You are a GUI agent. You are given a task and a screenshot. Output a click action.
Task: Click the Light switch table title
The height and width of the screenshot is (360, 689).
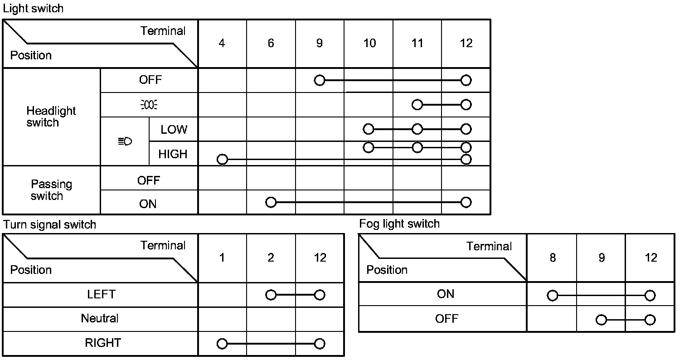pyautogui.click(x=33, y=9)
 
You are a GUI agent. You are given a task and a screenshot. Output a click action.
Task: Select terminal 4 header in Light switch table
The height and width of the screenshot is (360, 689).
pyautogui.click(x=222, y=43)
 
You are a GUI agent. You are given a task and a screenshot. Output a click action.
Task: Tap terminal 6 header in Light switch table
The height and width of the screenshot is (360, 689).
pyautogui.click(x=271, y=43)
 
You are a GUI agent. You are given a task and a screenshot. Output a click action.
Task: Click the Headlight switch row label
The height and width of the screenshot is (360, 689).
pyautogui.click(x=51, y=117)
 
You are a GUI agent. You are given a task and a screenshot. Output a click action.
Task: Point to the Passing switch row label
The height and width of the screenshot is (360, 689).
pyautogui.click(x=51, y=190)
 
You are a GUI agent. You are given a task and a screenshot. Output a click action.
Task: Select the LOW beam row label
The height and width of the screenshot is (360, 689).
pyautogui.click(x=174, y=130)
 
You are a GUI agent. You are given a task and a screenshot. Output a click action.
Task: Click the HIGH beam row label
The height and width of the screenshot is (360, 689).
pyautogui.click(x=173, y=154)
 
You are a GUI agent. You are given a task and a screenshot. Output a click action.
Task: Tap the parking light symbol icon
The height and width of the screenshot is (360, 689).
pyautogui.click(x=149, y=105)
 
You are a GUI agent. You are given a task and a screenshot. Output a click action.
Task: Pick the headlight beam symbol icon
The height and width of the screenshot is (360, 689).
pyautogui.click(x=125, y=142)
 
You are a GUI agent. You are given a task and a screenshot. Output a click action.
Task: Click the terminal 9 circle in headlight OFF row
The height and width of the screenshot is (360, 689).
pyautogui.click(x=320, y=81)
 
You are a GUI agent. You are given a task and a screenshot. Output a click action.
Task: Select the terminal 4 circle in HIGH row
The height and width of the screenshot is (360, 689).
pyautogui.click(x=222, y=160)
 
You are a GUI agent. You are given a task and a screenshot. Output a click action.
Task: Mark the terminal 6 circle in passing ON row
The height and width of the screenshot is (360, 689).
pyautogui.click(x=271, y=202)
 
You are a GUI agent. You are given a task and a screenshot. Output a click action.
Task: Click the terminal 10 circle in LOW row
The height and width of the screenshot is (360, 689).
pyautogui.click(x=369, y=129)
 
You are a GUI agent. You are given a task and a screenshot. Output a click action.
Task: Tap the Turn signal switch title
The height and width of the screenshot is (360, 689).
pyautogui.click(x=49, y=224)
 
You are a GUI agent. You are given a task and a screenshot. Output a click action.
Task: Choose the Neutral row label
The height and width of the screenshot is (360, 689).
pyautogui.click(x=100, y=318)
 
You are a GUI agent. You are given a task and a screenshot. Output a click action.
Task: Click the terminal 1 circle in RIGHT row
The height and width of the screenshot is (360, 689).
pyautogui.click(x=222, y=344)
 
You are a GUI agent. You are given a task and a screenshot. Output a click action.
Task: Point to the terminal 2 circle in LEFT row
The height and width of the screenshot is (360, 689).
pyautogui.click(x=271, y=295)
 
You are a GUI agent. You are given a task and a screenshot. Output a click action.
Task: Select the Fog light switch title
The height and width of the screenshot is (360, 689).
pyautogui.click(x=399, y=224)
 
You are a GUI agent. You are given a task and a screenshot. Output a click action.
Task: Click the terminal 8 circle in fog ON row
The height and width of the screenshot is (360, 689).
pyautogui.click(x=552, y=296)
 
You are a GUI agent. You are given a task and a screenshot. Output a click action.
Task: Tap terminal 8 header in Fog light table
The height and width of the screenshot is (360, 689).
pyautogui.click(x=552, y=258)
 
